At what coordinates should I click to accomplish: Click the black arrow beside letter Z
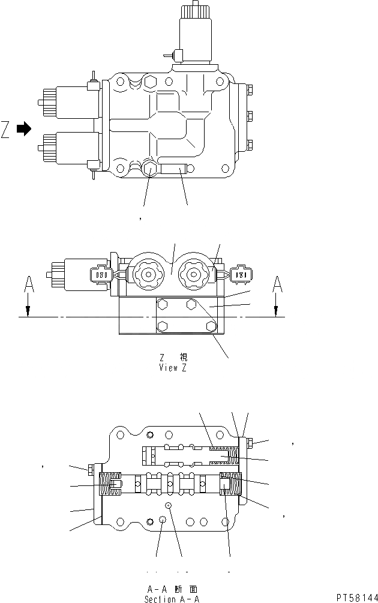click(23, 128)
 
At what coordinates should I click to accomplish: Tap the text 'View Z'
click(172, 368)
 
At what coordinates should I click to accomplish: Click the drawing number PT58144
click(356, 598)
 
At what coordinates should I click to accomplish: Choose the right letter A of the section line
click(276, 284)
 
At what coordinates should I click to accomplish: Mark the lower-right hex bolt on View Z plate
click(211, 326)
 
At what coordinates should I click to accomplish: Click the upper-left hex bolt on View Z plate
click(161, 305)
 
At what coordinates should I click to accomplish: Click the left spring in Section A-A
click(109, 484)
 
